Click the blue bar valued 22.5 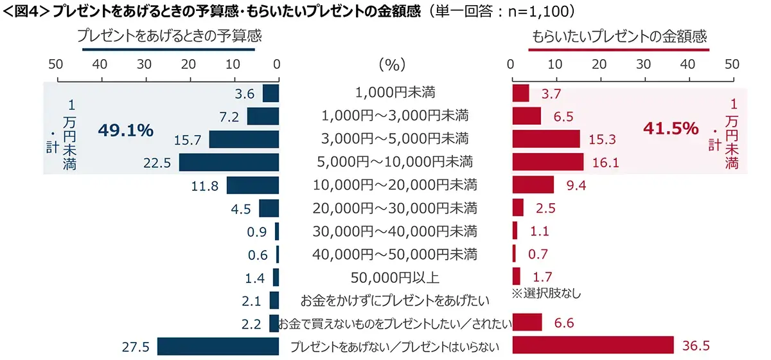229,163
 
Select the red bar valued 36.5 593,345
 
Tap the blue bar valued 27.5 218,346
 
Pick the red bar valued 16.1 548,162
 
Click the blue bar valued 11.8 253,185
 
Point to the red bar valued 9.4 533,185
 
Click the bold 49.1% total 125,130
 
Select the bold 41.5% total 670,129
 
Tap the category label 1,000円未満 395,93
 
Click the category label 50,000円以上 395,278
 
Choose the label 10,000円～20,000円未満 395,185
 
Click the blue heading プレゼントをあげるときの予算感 169,37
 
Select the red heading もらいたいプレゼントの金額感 620,37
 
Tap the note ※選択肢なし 546,293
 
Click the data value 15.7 192,139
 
